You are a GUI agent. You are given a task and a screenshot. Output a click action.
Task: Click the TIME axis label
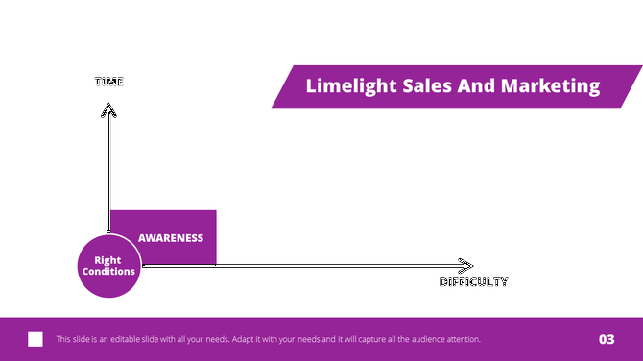click(x=108, y=82)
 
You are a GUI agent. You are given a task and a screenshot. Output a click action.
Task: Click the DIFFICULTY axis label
click(x=473, y=282)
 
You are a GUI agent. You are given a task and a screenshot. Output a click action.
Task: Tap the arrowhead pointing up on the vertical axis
click(x=108, y=109)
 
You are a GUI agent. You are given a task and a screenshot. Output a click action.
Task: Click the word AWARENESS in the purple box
click(x=171, y=238)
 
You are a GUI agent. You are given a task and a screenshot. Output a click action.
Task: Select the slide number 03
click(x=607, y=339)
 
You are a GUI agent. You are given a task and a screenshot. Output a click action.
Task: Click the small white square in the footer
click(x=36, y=339)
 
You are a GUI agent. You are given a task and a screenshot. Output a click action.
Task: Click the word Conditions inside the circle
click(x=108, y=272)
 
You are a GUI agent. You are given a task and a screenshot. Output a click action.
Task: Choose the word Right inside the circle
click(x=108, y=259)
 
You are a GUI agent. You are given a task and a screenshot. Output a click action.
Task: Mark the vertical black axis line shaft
click(x=108, y=163)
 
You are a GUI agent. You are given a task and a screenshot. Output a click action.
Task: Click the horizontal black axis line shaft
click(x=307, y=265)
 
